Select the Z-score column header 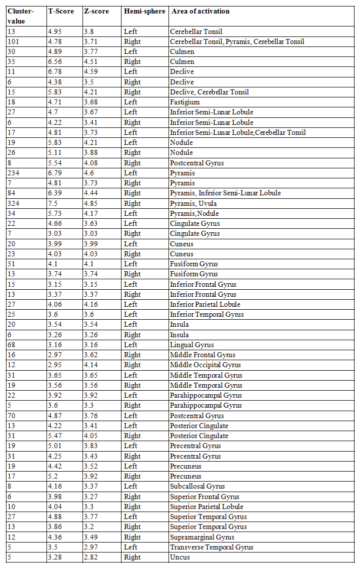point(96,11)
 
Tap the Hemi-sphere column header point(144,11)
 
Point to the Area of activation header point(200,11)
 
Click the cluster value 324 point(13,203)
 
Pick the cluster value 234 point(13,173)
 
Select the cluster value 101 point(13,41)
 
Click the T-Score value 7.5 point(53,203)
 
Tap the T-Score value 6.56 point(55,62)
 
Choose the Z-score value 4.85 point(91,203)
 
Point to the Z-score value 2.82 point(91,557)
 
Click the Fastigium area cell point(185,102)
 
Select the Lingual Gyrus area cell point(192,345)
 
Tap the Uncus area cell point(179,557)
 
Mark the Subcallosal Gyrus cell point(197,486)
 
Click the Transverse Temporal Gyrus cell point(211,547)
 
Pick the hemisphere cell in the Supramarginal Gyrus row point(132,537)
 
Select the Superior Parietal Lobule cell point(206,507)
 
